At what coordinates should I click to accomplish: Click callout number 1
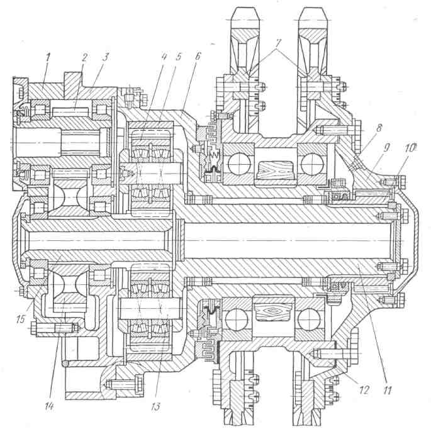(x=48, y=58)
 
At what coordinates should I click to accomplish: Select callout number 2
(x=84, y=58)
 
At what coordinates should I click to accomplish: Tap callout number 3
(x=106, y=57)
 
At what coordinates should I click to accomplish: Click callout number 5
(x=178, y=57)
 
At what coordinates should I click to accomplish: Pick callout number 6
(x=198, y=56)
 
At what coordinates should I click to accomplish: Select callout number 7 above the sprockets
(x=278, y=43)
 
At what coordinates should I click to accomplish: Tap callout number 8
(x=379, y=128)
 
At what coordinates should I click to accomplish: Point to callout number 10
(x=410, y=148)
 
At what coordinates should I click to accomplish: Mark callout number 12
(x=364, y=390)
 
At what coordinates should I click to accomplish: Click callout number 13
(x=155, y=406)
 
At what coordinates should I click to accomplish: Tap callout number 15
(x=21, y=319)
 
